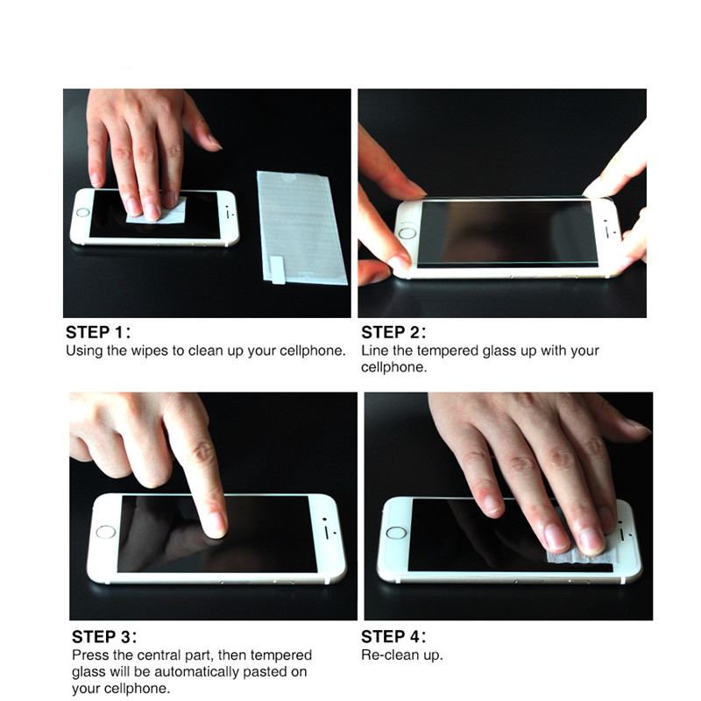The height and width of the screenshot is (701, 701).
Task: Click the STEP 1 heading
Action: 98,332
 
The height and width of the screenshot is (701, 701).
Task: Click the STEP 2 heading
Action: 393,332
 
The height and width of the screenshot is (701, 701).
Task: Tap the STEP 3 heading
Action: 104,637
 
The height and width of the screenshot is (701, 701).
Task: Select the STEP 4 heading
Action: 393,637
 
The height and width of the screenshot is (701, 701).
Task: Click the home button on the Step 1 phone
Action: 82,212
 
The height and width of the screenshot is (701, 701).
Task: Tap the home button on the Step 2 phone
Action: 407,233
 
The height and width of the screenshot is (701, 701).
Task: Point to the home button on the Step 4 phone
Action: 396,533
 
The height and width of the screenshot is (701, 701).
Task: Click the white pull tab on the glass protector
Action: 278,270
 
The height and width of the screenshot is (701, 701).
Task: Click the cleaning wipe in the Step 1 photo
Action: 158,213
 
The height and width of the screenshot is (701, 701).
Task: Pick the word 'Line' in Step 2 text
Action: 375,350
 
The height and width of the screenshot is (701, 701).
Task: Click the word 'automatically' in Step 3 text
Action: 201,672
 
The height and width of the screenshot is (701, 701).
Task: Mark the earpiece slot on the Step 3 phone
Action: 327,532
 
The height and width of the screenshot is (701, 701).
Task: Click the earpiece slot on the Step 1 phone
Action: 228,213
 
